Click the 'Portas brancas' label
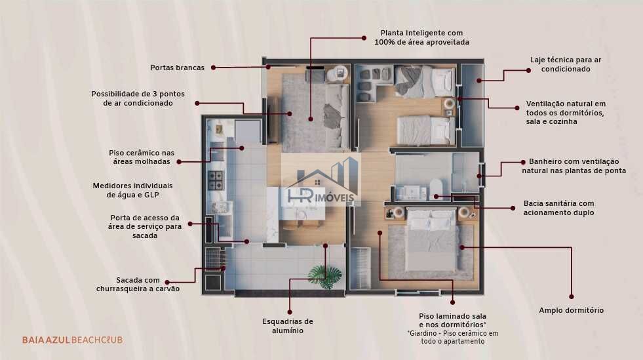(x=177, y=68)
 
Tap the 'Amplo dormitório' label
(x=572, y=310)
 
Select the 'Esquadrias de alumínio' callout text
(x=288, y=326)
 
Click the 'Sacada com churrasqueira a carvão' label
(x=138, y=284)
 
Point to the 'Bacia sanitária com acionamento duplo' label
(x=558, y=208)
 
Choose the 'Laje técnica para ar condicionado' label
(x=566, y=64)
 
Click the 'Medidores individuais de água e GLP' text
(x=132, y=190)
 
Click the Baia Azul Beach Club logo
(x=73, y=340)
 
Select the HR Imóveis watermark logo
(x=322, y=182)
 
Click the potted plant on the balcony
(x=325, y=276)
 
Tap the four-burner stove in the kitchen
(x=216, y=180)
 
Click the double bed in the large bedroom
(x=431, y=240)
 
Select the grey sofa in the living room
(x=337, y=116)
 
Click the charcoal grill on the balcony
(x=213, y=258)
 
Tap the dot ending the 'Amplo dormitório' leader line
(x=572, y=296)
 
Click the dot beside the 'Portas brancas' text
(x=213, y=68)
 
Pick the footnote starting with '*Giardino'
(x=453, y=338)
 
